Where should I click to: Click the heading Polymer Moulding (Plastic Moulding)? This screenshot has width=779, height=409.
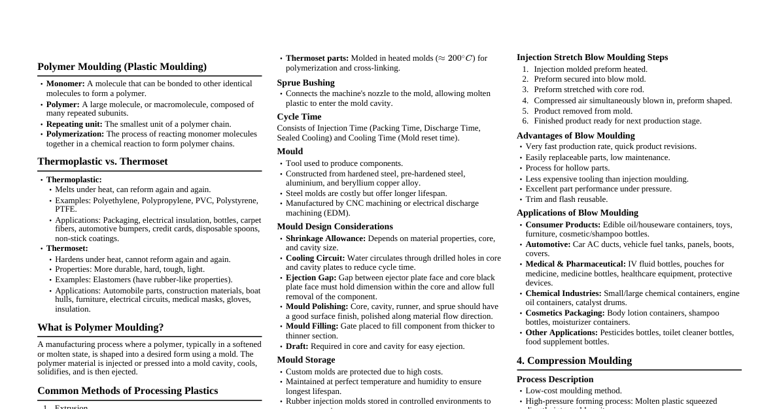pyautogui.click(x=122, y=67)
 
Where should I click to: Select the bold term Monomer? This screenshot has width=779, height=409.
pyautogui.click(x=65, y=84)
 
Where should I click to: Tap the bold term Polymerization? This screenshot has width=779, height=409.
pyautogui.click(x=75, y=134)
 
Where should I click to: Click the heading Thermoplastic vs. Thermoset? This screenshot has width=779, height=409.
pyautogui.click(x=103, y=161)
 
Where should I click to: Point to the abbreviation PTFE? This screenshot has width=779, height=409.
pyautogui.click(x=65, y=209)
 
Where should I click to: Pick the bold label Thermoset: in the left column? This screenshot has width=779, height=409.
pyautogui.click(x=67, y=248)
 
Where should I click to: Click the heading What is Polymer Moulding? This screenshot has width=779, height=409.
pyautogui.click(x=100, y=327)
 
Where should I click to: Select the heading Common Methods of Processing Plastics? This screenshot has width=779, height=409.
pyautogui.click(x=128, y=391)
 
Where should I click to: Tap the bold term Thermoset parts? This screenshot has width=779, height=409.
pyautogui.click(x=317, y=58)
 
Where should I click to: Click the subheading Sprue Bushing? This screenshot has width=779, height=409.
pyautogui.click(x=305, y=83)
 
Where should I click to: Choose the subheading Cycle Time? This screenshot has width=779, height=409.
pyautogui.click(x=299, y=117)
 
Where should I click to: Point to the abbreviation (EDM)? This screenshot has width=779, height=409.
pyautogui.click(x=339, y=213)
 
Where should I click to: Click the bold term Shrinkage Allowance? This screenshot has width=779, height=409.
pyautogui.click(x=326, y=238)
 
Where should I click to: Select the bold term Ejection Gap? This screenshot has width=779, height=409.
pyautogui.click(x=311, y=278)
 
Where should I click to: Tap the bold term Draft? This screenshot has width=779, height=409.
pyautogui.click(x=297, y=346)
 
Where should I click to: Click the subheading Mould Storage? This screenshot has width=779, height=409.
pyautogui.click(x=305, y=360)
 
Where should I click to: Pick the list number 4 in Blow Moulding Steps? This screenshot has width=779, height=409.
pyautogui.click(x=525, y=101)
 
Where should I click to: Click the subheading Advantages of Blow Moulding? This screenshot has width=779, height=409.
pyautogui.click(x=576, y=136)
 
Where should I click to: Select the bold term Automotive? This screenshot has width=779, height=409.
pyautogui.click(x=548, y=244)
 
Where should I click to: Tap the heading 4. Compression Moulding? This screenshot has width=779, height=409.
pyautogui.click(x=574, y=361)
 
